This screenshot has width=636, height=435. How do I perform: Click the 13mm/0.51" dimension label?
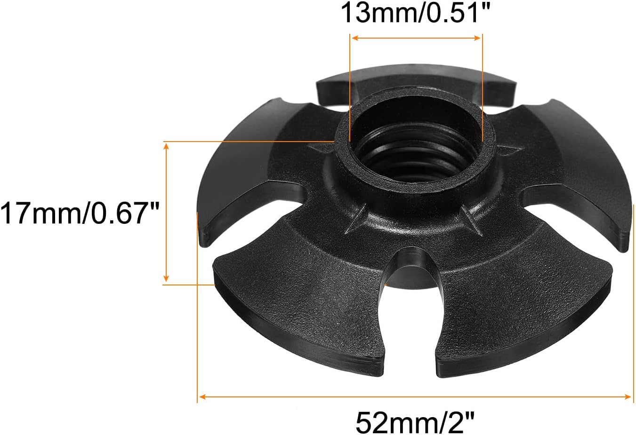tap(415, 13)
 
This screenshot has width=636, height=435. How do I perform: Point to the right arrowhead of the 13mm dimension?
tap(477, 38)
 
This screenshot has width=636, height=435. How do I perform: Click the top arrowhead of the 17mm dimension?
tap(166, 146)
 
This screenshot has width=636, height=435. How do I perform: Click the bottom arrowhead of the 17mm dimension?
tap(166, 278)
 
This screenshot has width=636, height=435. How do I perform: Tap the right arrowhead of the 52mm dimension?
tap(628, 397)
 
